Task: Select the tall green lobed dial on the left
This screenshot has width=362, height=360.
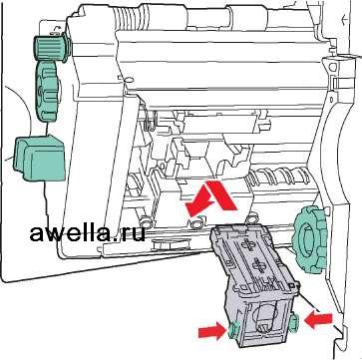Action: coord(48,91)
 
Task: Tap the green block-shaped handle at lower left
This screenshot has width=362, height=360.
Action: coord(40,158)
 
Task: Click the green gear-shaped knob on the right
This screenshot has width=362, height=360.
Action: coord(308,239)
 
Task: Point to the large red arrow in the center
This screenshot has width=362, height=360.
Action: coord(211,198)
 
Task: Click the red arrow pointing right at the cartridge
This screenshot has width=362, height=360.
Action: coord(212,331)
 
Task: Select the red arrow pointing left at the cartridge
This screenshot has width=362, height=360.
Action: coord(318,320)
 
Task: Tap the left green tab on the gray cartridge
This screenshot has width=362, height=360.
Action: coord(233,329)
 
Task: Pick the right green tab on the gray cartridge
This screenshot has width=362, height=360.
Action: coord(294,323)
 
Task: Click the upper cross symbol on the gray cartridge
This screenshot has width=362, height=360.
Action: coord(249,244)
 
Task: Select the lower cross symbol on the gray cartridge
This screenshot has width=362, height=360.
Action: coord(259,265)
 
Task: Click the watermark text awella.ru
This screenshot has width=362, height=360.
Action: coord(88,233)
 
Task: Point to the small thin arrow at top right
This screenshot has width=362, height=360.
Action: coord(345,20)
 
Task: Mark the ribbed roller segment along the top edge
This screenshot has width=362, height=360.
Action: coord(128,18)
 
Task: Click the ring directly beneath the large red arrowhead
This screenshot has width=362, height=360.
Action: coord(196,222)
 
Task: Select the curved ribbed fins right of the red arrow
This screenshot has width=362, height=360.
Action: coord(280,177)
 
